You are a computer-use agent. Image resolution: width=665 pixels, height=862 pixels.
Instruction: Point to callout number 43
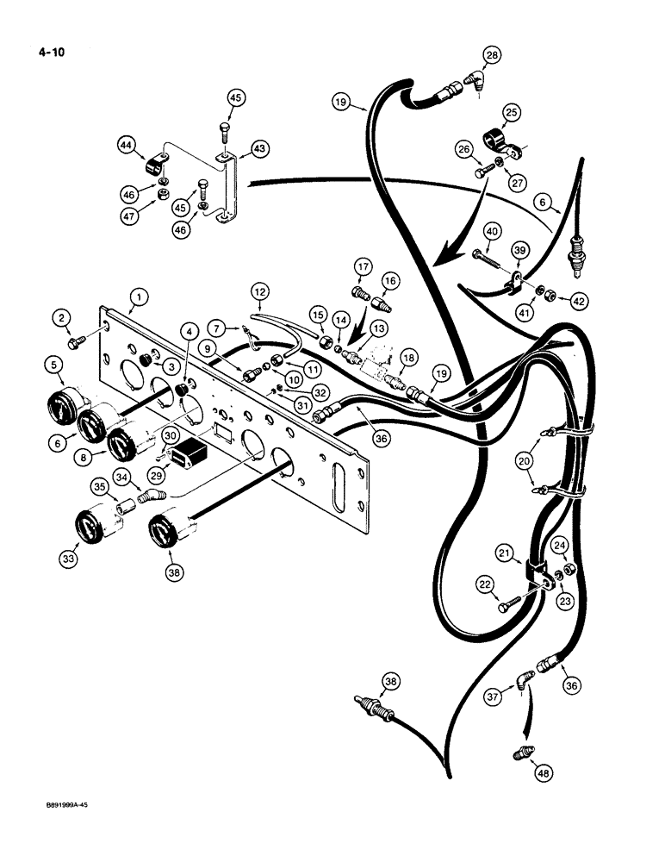(257, 150)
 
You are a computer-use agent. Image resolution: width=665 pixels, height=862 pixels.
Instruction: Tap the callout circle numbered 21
(507, 552)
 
